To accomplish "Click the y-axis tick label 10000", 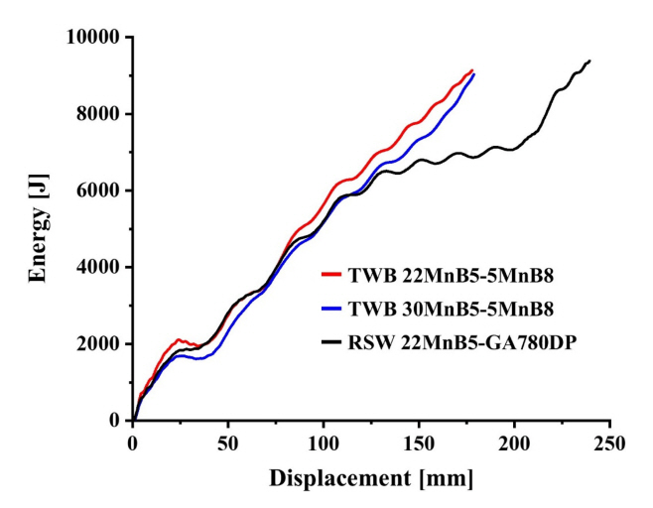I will coord(92,37).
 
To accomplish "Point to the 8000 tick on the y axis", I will coord(97,113).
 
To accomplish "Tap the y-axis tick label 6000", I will coord(97,190).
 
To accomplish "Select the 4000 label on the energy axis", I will coord(97,267).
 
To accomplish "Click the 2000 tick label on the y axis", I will coord(97,344).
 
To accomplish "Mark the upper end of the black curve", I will coord(589,61).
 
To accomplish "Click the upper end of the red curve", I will coord(472,69).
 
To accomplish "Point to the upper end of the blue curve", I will coord(474,74).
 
